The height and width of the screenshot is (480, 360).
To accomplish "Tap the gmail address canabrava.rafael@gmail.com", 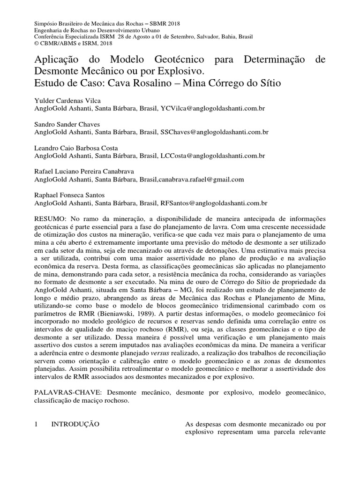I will pyautogui.click(x=202, y=180).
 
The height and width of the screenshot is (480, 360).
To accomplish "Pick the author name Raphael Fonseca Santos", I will pyautogui.click(x=69, y=195).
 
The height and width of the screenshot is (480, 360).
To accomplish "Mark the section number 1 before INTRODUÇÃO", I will pyautogui.click(x=37, y=424).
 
